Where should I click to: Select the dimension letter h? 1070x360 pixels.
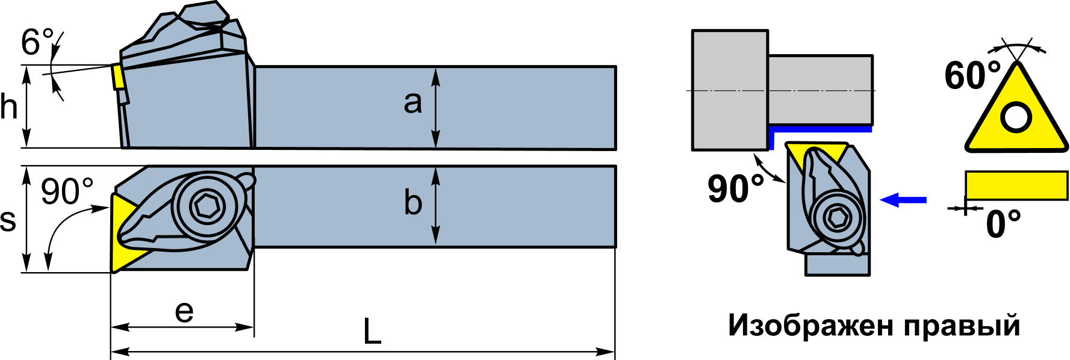(9, 107)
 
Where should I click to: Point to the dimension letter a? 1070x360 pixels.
(412, 102)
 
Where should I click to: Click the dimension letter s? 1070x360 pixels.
(8, 220)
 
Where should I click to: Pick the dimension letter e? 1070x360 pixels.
(184, 311)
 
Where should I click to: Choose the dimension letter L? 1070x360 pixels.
(373, 331)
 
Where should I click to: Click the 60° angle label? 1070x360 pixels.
(972, 76)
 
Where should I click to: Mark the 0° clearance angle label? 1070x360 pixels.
(1003, 224)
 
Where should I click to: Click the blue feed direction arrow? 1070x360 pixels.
(903, 199)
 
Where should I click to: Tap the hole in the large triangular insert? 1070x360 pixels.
(1016, 117)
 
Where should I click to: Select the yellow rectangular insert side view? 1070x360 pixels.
(1016, 185)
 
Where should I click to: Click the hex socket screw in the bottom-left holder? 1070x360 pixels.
(208, 206)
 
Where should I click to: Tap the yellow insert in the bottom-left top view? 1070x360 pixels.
(128, 232)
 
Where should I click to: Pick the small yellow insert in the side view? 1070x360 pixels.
(118, 77)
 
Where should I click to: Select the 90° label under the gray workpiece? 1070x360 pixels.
(736, 188)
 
